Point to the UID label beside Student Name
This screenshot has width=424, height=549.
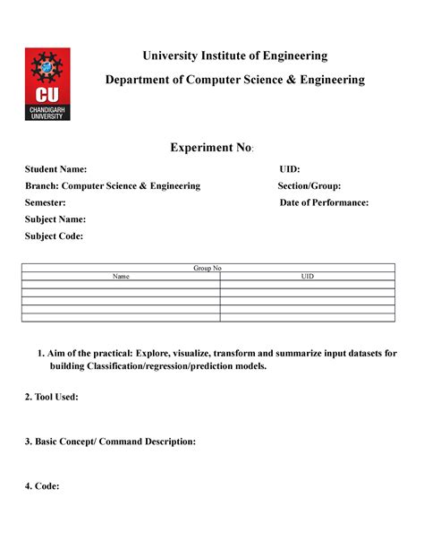tap(289, 169)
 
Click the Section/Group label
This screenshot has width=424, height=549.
tap(309, 185)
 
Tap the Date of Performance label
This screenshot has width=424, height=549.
tap(324, 202)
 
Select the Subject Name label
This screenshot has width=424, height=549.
tap(55, 219)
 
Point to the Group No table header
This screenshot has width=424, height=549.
tap(208, 268)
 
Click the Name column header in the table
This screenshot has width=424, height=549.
tap(121, 276)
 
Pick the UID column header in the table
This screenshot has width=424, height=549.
tap(307, 276)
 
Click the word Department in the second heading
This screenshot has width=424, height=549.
tap(140, 80)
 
